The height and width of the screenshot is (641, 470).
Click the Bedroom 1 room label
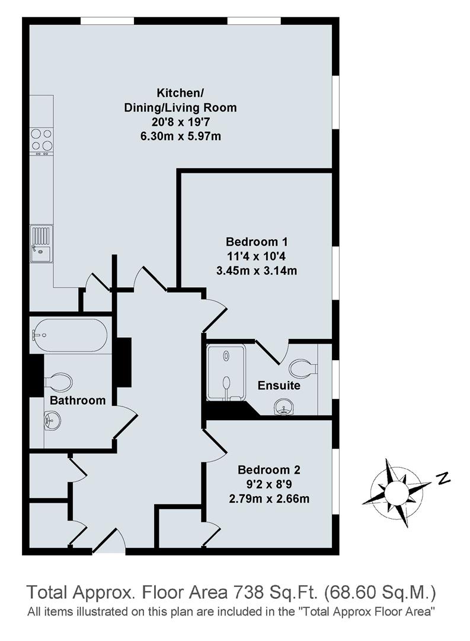pos(257,242)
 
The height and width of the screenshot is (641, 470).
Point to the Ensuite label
pos(279,386)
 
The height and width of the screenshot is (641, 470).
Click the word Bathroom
pos(77,401)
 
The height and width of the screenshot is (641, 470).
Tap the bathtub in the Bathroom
pos(69,335)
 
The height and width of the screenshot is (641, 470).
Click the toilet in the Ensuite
pos(305,369)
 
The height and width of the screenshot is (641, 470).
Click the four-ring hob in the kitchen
pos(41,140)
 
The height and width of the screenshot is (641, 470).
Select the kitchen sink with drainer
pos(41,244)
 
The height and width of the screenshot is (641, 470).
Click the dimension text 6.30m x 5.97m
pos(180,137)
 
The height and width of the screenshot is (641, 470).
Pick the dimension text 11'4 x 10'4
pos(257,257)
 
